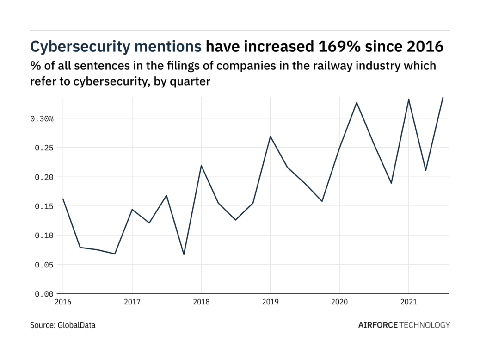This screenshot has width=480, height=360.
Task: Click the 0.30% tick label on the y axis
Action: (42, 119)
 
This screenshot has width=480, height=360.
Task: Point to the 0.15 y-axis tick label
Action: (44, 206)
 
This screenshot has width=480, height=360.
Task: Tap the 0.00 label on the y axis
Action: (44, 294)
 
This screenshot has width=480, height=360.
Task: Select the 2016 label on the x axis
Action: (63, 302)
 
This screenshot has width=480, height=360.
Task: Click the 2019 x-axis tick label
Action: (270, 302)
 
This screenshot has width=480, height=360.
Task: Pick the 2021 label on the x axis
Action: (408, 302)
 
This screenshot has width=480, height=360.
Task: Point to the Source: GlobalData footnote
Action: (63, 325)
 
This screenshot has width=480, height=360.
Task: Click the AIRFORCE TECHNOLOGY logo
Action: (404, 325)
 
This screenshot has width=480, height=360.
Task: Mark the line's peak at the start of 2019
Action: (270, 137)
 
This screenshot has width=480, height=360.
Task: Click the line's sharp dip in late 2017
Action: (184, 254)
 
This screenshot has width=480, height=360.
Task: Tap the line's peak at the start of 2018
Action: (201, 166)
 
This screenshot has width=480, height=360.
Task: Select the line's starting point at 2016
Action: (63, 199)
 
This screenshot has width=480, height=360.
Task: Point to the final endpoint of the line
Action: (443, 97)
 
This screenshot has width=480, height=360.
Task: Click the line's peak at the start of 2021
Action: (408, 99)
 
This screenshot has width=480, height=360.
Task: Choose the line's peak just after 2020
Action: (357, 102)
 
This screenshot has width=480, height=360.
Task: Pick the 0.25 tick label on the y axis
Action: (44, 148)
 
